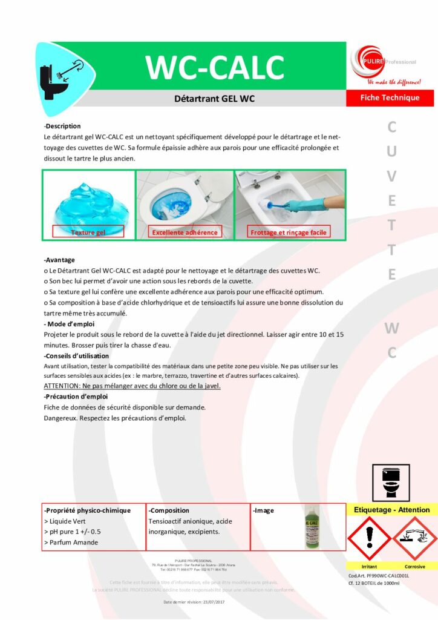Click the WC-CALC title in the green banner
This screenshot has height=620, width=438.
pos(215,67)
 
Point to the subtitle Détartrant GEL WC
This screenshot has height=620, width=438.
pos(215,98)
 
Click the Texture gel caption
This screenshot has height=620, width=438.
pos(88,232)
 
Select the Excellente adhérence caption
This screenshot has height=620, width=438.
pos(185,232)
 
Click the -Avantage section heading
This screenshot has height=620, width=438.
pos(59,260)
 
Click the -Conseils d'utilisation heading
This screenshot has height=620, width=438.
pos(77,356)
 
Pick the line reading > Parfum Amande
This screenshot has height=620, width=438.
pos(71,542)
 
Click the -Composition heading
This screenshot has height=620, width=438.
pos(169,510)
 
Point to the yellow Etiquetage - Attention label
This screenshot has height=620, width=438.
pos(391,510)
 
